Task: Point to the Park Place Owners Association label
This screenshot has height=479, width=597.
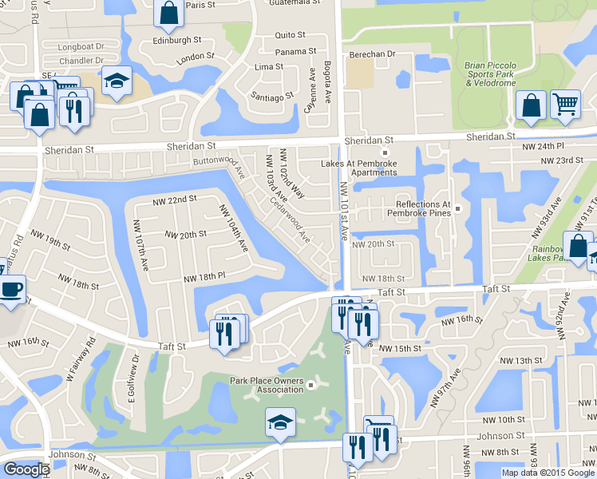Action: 267,386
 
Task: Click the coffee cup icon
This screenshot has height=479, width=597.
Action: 11,289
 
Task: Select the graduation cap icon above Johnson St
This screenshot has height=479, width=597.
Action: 279,421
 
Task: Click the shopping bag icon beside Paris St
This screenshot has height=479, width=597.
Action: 169,13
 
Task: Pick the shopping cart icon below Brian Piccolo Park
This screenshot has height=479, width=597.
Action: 565,103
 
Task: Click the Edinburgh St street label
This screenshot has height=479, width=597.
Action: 177,40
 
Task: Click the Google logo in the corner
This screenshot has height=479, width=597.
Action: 26,469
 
